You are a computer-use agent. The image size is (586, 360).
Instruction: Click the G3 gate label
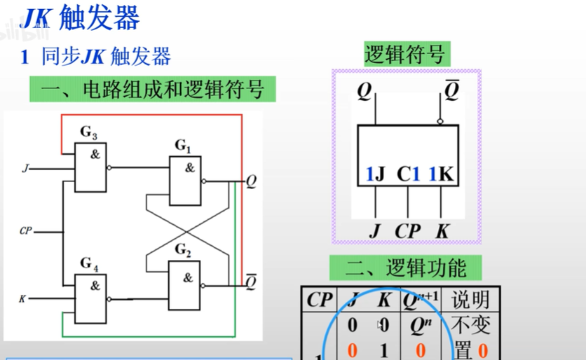point(89,132)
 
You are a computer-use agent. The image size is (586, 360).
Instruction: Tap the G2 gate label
point(183,250)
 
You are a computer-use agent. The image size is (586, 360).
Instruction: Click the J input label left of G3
point(26,168)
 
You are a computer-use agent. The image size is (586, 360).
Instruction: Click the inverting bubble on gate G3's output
point(109,168)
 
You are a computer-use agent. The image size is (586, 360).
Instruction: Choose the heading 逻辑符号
point(404,54)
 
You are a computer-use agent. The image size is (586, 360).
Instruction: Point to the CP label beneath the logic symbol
point(407,231)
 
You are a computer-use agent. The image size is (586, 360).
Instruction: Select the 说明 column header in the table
point(470,300)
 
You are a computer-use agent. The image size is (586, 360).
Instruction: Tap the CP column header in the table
point(320,300)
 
